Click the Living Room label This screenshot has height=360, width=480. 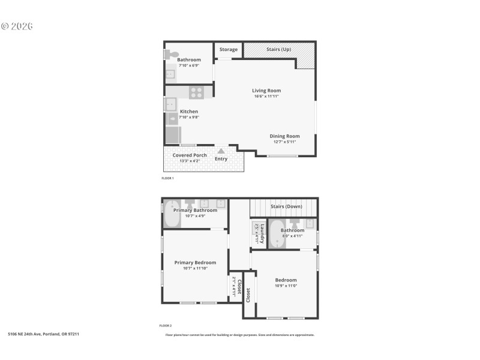point(266,91)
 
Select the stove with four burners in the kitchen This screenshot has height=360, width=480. point(197,92)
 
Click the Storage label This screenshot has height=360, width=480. point(228,49)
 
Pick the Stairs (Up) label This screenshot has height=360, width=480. point(279,49)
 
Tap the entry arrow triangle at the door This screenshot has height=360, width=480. point(221,151)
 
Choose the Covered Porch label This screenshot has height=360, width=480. point(190,155)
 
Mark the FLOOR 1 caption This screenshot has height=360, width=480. point(167,178)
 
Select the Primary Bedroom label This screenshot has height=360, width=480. point(195,262)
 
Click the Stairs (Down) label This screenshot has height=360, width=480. point(286,206)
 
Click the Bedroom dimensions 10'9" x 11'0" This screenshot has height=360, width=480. point(286,286)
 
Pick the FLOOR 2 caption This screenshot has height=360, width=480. point(166,326)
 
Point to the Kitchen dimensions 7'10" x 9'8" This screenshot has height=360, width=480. point(188,117)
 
